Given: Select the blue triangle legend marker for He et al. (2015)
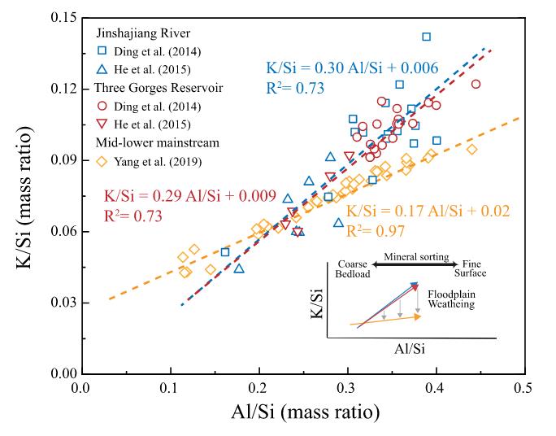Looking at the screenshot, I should pos(102,70).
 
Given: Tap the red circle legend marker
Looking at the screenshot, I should pos(102,106).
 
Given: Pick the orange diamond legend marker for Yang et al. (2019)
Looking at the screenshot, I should pos(102,160).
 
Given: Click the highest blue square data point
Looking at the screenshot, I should pos(426,37).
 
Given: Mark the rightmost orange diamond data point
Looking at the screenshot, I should pos(471,149).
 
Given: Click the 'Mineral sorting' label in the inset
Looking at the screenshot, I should pos(417,257).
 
